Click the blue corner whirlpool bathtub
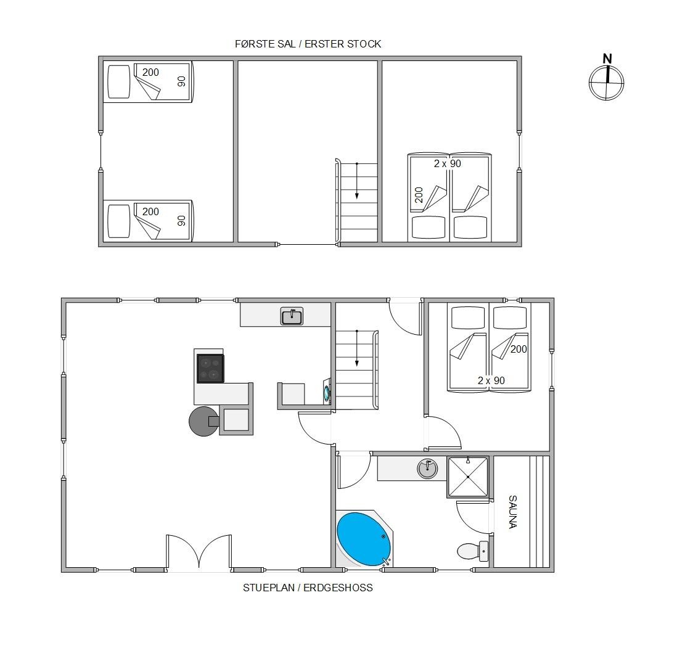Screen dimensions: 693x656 pos(364,539)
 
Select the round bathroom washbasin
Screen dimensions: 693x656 pos(427,469)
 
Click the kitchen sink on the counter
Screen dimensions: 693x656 pos(292,316)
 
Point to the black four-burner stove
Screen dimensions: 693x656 pos(210,368)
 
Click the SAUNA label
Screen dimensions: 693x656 pos(513,512)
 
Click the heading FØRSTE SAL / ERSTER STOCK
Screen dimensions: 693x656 pos(308,44)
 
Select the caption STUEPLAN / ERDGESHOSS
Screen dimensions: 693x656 pos(308,588)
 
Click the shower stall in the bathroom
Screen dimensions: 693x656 pos(468,477)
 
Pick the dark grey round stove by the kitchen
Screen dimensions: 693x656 pos(203,421)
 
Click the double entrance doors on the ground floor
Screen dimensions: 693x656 pos(199,552)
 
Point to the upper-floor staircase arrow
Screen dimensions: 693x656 pos(356,181)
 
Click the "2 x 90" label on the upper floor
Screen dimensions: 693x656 pos(447,163)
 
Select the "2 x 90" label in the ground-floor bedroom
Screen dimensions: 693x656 pos(491,380)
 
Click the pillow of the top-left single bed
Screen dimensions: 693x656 pos(119,82)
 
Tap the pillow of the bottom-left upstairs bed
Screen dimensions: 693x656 pos(119,221)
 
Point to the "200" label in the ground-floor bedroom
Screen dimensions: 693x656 pos(519,349)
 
